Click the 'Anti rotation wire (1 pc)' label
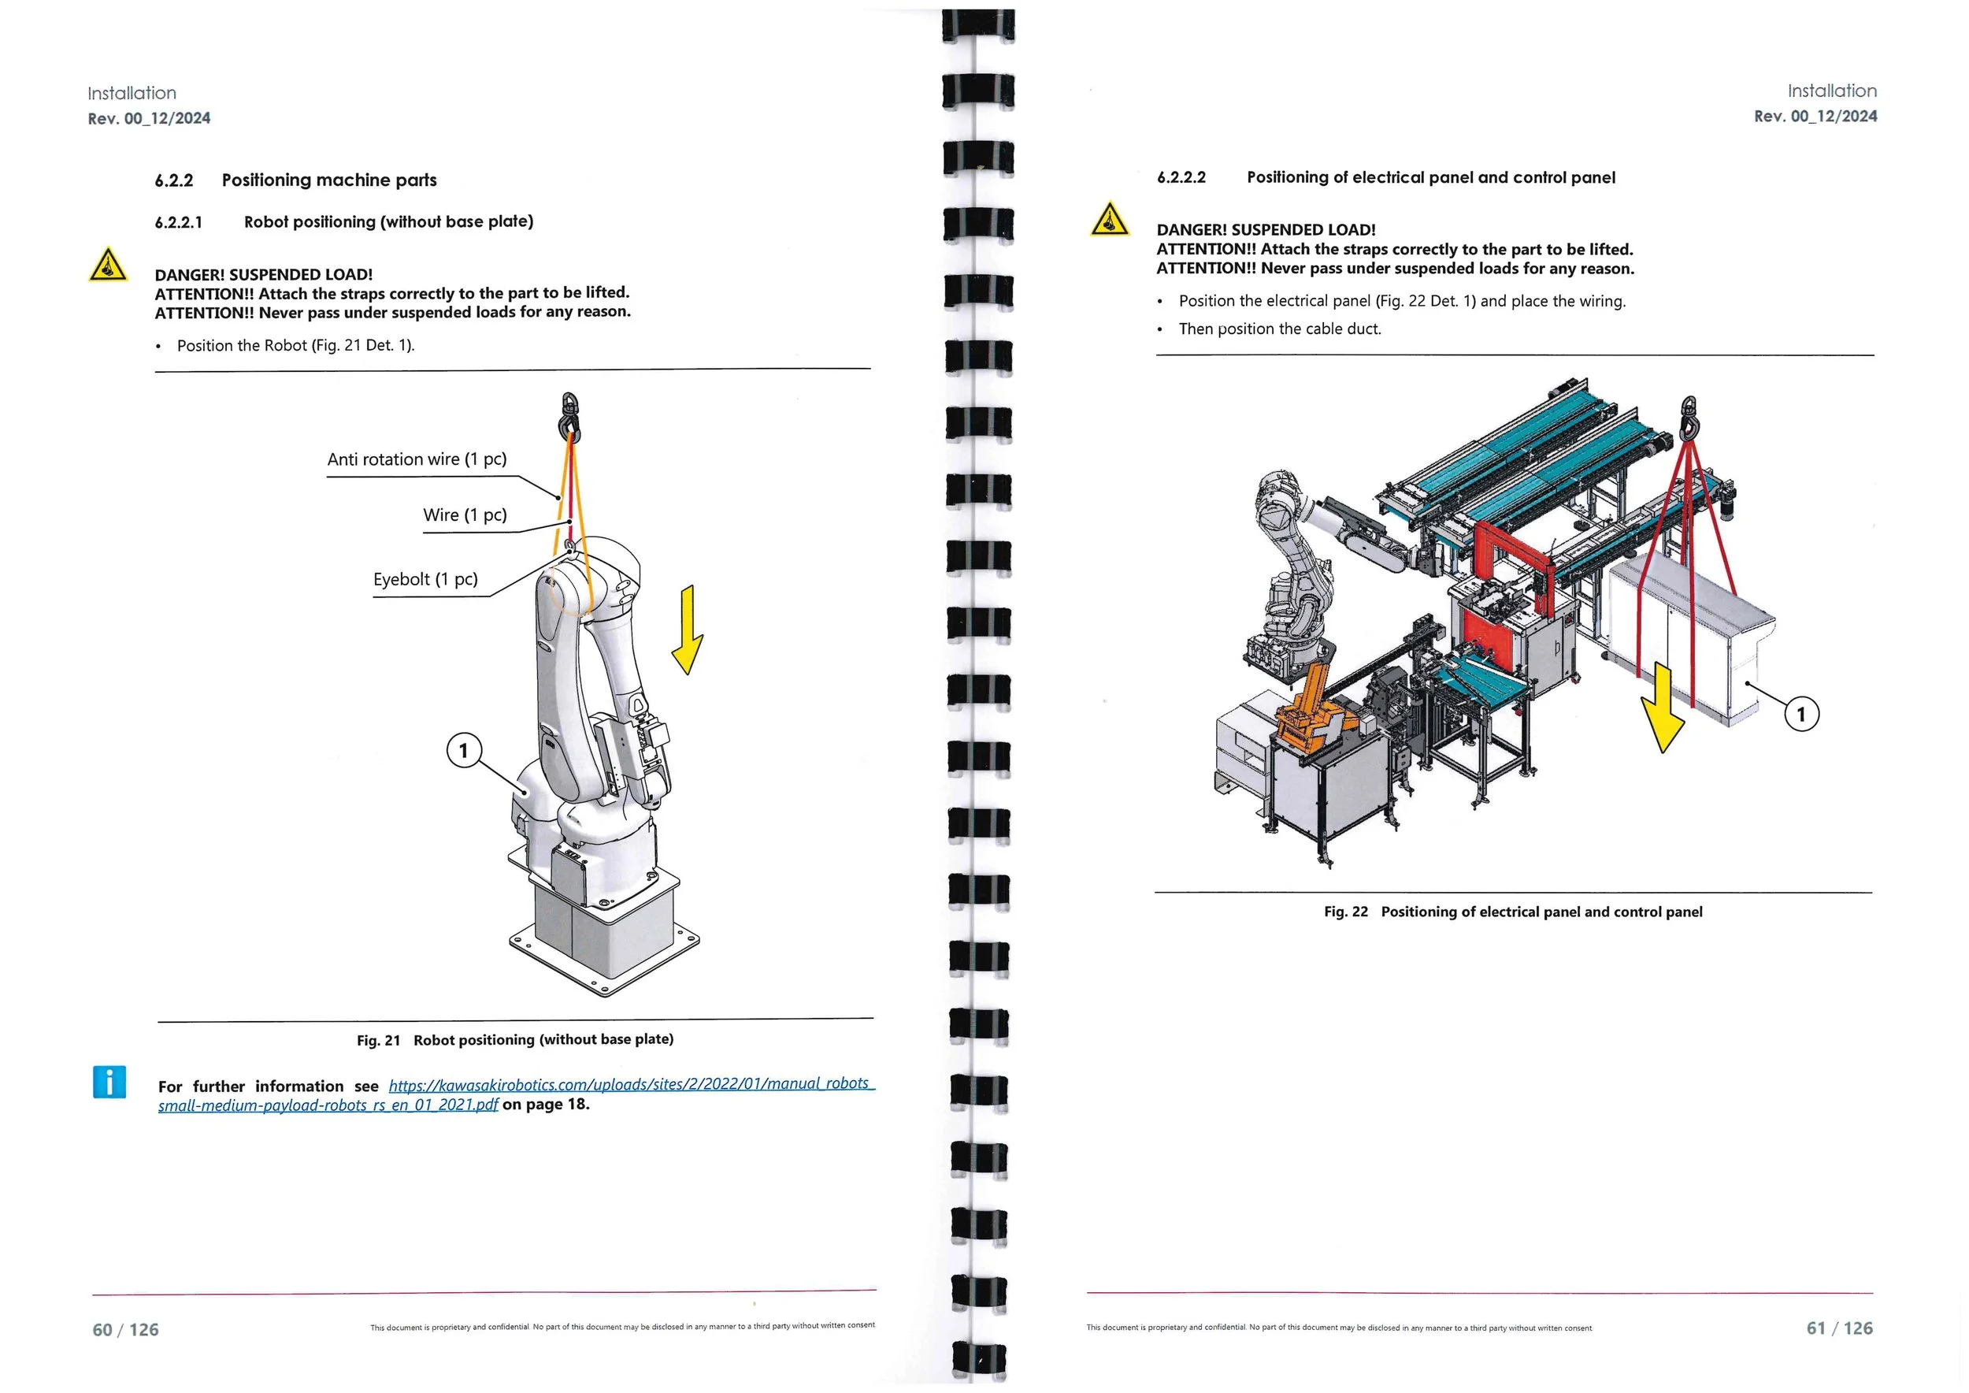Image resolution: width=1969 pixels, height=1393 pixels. [x=417, y=460]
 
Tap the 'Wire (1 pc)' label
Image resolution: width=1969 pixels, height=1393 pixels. [x=465, y=515]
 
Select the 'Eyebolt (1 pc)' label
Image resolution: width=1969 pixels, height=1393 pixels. [x=425, y=580]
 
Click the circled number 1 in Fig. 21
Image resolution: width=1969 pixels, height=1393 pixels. [x=464, y=752]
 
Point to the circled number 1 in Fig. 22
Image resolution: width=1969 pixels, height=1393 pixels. [x=1801, y=715]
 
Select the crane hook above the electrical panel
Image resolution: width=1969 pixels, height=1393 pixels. [x=1689, y=418]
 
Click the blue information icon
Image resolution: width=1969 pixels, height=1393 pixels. [x=109, y=1083]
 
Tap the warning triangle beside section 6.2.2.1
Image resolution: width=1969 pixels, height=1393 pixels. [x=108, y=265]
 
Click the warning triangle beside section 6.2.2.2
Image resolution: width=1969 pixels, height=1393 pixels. [x=1110, y=220]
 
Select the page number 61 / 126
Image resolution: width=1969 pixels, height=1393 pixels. [x=1840, y=1328]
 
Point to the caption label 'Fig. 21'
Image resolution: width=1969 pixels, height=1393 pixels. [x=378, y=1042]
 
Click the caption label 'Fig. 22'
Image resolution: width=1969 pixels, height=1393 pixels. [x=1345, y=912]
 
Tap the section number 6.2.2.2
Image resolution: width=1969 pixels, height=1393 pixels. [x=1181, y=178]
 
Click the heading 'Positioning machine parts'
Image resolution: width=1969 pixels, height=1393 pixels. [x=329, y=180]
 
